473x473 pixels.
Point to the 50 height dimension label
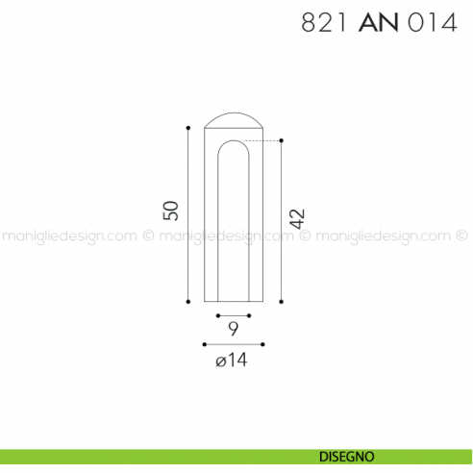click(171, 210)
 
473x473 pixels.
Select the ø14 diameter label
click(233, 361)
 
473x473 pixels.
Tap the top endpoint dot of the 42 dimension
click(281, 141)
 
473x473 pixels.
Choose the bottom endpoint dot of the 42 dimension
click(281, 301)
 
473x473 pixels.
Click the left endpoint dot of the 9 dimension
click(218, 315)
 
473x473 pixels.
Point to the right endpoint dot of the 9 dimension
click(249, 315)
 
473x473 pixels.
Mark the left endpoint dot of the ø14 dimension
click(204, 343)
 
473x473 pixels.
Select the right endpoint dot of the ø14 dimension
click(263, 343)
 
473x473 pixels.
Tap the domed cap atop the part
click(234, 120)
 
